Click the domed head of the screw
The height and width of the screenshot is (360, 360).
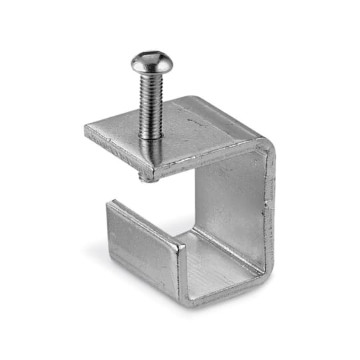[151, 62]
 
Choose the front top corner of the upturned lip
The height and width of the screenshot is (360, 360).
[180, 247]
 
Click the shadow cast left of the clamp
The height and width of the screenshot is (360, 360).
[100, 257]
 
